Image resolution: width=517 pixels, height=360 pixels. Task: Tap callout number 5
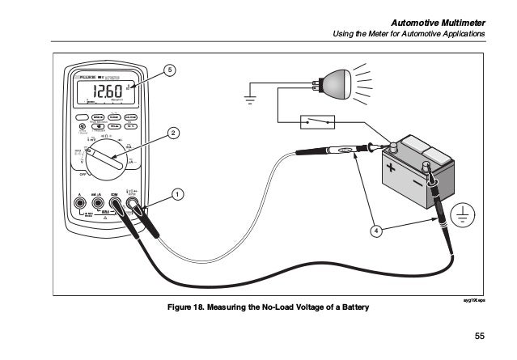click(x=168, y=70)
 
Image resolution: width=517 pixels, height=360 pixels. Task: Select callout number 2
click(x=173, y=132)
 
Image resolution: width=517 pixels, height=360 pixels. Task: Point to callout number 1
click(x=177, y=194)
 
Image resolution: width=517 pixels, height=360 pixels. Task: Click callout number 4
click(x=375, y=231)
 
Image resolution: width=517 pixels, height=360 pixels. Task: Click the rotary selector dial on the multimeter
click(x=106, y=159)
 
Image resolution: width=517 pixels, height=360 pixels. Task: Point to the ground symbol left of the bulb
click(x=250, y=101)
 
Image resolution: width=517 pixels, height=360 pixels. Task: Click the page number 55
click(x=479, y=336)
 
